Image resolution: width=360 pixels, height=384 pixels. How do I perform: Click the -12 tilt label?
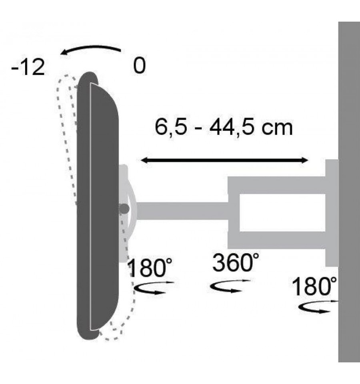[28, 67]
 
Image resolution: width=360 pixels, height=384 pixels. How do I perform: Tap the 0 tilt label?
[140, 65]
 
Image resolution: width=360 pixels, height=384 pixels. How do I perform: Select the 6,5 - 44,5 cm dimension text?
[224, 127]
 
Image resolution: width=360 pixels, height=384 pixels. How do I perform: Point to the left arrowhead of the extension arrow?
[144, 161]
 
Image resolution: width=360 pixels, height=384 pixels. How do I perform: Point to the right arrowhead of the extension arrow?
[304, 161]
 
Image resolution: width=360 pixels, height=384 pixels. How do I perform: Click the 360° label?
[235, 263]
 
